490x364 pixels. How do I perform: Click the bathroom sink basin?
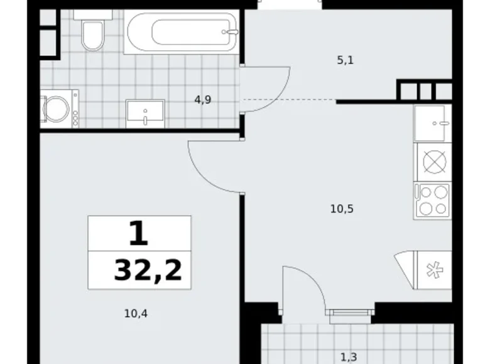tap(145, 114)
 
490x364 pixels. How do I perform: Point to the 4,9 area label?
tap(202, 99)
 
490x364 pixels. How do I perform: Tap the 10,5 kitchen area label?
tap(342, 210)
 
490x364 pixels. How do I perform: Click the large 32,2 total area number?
tap(148, 270)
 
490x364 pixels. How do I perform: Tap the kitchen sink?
tap(433, 123)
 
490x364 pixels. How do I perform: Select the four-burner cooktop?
tap(433, 200)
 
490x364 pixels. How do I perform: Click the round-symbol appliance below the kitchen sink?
tap(433, 161)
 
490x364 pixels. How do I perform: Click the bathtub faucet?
tap(232, 31)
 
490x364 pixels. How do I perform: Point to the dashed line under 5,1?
tap(289, 100)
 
